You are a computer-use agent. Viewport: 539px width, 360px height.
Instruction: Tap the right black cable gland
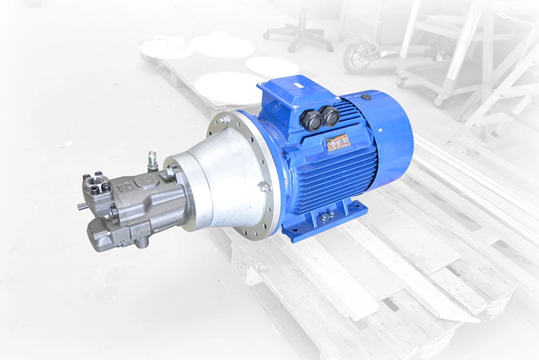click(330, 115)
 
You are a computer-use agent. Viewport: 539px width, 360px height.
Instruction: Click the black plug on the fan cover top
click(365, 97)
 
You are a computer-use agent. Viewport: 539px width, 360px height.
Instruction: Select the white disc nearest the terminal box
click(272, 66)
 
